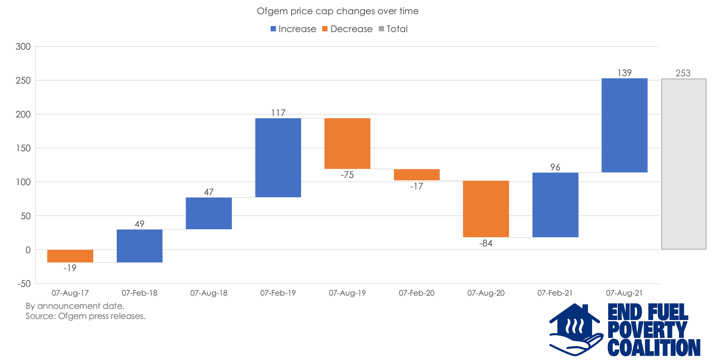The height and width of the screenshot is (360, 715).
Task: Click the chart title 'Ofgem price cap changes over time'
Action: (x=337, y=11)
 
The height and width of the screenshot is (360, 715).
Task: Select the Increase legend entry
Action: (x=293, y=29)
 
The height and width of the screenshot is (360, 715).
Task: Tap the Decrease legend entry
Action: (x=347, y=29)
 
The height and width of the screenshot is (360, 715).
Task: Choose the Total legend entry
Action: (x=393, y=29)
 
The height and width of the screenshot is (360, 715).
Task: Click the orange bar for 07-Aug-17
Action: (x=70, y=256)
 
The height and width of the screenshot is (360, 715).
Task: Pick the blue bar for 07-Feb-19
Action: (x=278, y=157)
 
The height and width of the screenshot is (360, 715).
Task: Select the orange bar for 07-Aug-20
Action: (x=486, y=209)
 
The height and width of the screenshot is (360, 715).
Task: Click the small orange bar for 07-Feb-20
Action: (x=416, y=175)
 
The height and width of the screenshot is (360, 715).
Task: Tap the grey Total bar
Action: (x=684, y=164)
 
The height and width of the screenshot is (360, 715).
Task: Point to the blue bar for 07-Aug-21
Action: (x=624, y=125)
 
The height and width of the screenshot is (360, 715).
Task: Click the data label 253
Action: (x=683, y=73)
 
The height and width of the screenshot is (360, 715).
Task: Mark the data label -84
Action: (x=486, y=243)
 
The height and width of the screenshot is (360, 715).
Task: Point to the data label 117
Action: (x=278, y=113)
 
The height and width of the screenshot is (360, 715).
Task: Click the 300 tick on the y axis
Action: (x=23, y=46)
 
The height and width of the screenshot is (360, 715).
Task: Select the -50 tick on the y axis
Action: (x=24, y=284)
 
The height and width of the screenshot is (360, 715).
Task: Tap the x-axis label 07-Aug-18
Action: (x=209, y=293)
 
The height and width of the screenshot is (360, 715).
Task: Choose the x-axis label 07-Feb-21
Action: (x=555, y=293)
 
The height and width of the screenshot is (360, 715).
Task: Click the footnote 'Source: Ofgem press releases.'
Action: (x=85, y=316)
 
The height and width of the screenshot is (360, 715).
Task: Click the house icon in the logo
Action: (x=575, y=327)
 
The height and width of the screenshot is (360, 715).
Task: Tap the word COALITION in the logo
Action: (x=654, y=347)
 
